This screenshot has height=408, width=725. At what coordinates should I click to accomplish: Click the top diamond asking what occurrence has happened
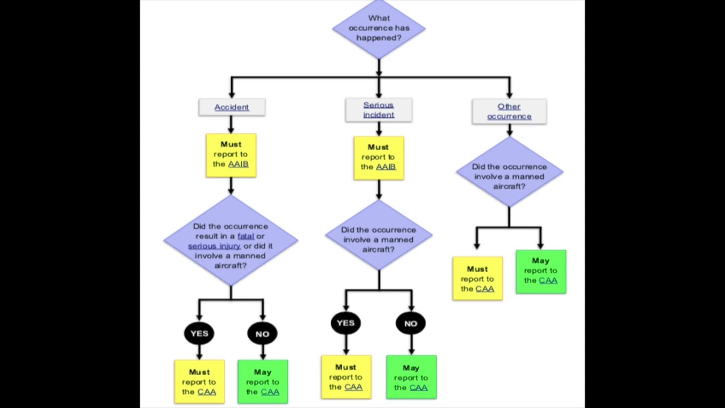coord(379,28)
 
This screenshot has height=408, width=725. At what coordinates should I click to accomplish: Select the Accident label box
coord(232,107)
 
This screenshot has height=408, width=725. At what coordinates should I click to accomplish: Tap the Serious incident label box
coord(378,110)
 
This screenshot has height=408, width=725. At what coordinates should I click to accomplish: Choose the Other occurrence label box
coord(509,111)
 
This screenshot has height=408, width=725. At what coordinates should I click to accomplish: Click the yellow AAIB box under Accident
coord(231,155)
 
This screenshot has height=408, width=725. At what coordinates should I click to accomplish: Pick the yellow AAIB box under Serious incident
coord(378,158)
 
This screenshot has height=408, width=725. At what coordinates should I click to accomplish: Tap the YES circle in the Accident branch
coord(199,333)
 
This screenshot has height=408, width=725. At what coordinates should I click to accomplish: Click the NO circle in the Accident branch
coord(262,334)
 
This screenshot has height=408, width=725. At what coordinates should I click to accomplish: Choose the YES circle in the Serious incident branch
coord(346,323)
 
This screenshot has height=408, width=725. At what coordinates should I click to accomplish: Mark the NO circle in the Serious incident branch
coord(411,324)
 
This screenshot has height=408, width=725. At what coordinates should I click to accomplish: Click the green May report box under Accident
coord(263,381)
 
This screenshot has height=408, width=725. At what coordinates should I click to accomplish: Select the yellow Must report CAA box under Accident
coord(199,381)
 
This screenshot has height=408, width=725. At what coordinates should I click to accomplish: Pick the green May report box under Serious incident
coord(411,377)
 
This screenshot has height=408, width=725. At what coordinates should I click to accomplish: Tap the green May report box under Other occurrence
coord(541,271)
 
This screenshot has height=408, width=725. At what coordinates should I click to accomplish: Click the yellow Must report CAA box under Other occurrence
coord(477,278)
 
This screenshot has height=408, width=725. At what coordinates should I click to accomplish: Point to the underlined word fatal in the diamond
coord(245,236)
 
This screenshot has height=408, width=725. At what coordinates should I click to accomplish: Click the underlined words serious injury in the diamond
coord(214,246)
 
